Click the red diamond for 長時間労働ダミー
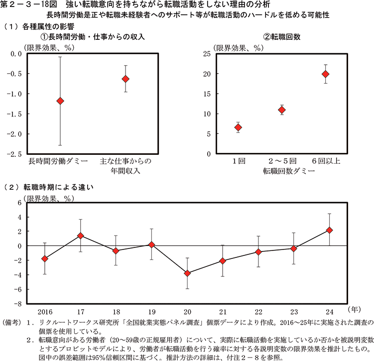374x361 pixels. click(x=61, y=101)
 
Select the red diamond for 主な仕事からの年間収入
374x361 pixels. click(x=125, y=79)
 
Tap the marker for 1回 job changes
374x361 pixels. click(x=238, y=127)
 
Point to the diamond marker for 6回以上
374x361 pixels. click(x=326, y=74)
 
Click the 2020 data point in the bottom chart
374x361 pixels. click(x=187, y=273)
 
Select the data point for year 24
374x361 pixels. click(x=329, y=230)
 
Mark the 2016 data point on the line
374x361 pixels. click(x=45, y=259)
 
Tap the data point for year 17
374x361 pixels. click(x=80, y=236)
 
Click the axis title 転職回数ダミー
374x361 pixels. click(x=282, y=171)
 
